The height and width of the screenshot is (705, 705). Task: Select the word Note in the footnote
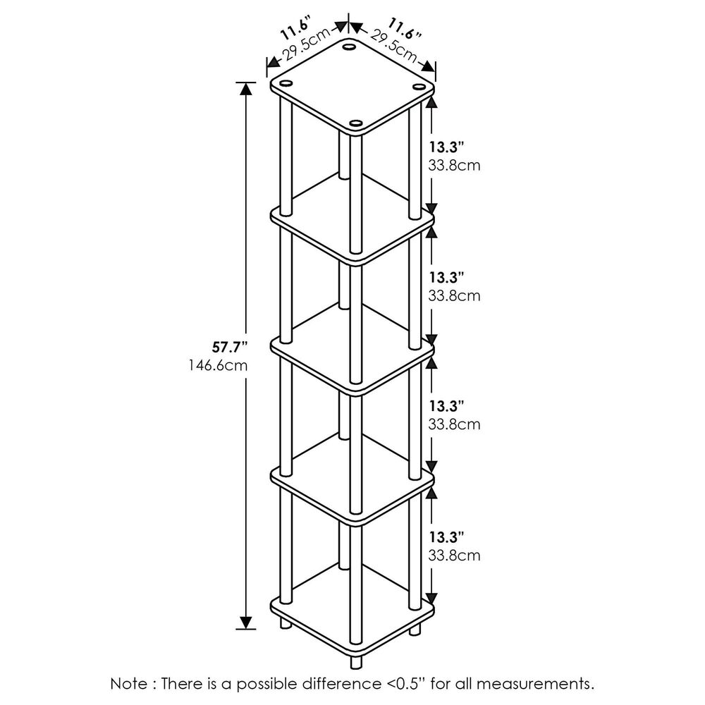(x=130, y=683)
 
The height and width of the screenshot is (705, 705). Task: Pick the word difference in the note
(x=355, y=683)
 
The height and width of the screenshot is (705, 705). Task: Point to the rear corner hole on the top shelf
(x=350, y=49)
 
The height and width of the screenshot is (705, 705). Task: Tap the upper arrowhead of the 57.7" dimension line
(x=246, y=89)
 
